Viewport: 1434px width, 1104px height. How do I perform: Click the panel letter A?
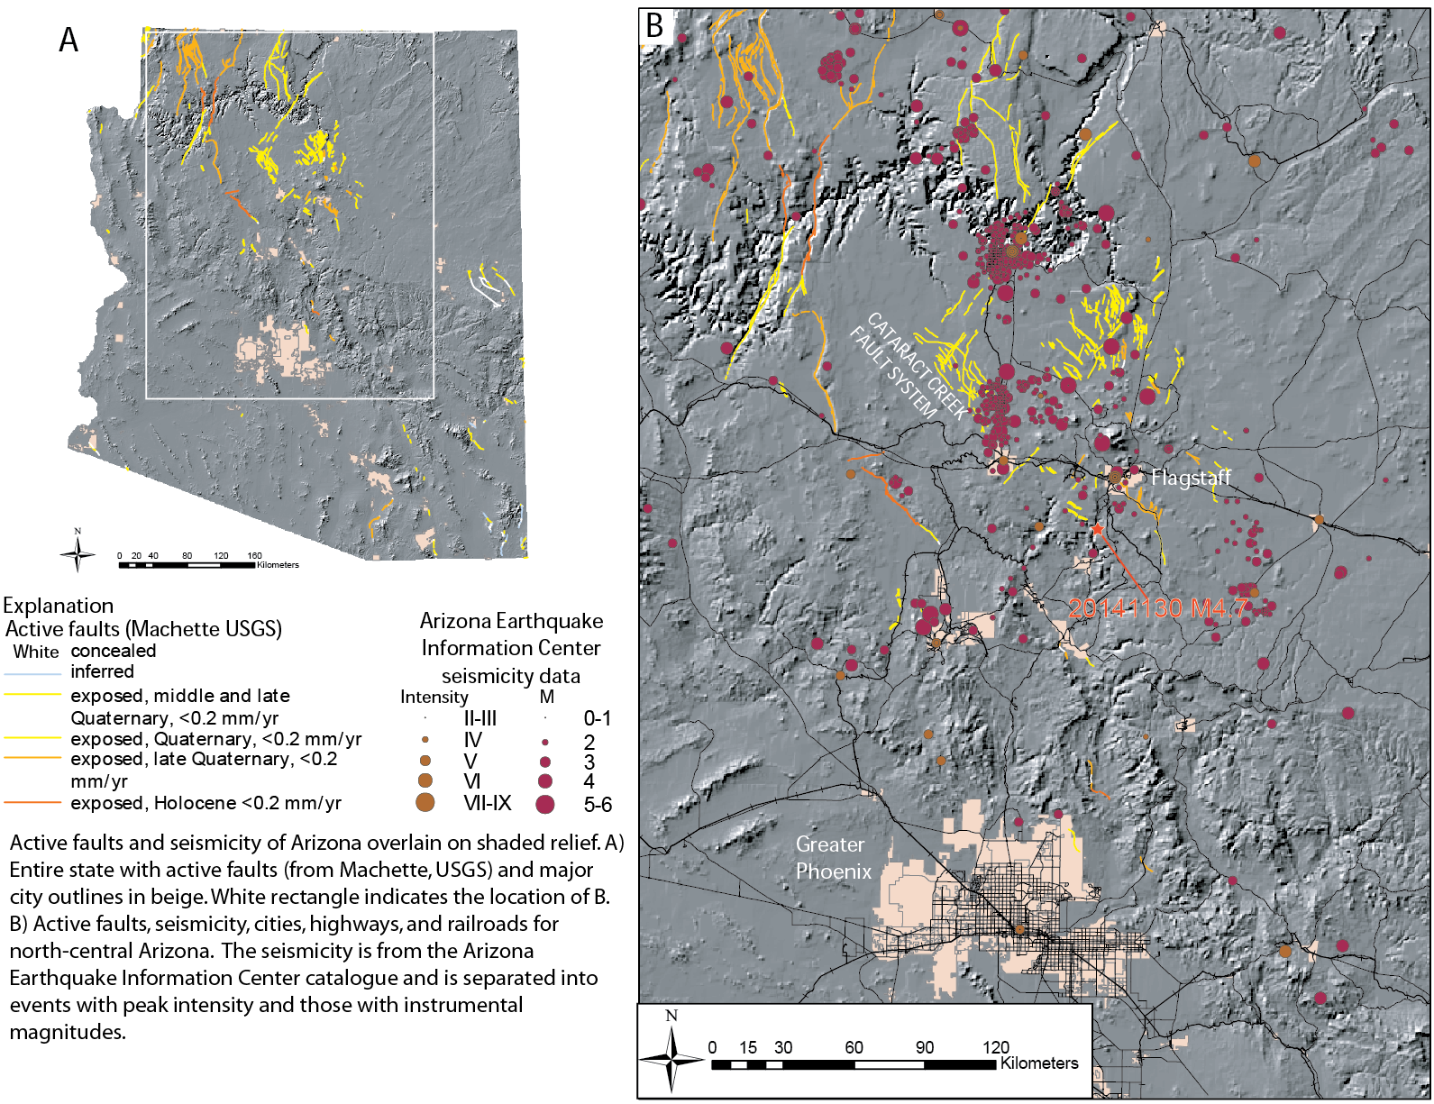[x=69, y=41]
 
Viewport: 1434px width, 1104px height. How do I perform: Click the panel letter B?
[x=655, y=26]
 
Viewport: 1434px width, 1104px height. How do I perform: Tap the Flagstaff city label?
[x=1190, y=478]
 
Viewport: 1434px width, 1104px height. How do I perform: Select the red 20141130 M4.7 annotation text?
[x=1157, y=609]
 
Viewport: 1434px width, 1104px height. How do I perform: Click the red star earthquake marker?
[x=1097, y=530]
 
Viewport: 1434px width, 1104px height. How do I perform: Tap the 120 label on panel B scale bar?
[x=995, y=1047]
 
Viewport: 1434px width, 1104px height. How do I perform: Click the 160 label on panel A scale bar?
[x=254, y=556]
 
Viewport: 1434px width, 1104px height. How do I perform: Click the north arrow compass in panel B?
[x=671, y=1054]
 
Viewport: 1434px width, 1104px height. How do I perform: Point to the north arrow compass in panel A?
[x=78, y=552]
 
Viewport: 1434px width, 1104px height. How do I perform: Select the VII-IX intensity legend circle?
[x=425, y=802]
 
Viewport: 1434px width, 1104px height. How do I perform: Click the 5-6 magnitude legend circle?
[x=544, y=804]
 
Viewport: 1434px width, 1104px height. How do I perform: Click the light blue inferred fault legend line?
[x=32, y=673]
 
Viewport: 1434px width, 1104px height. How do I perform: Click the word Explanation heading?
[x=59, y=606]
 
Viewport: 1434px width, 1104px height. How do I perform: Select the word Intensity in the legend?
[x=434, y=698]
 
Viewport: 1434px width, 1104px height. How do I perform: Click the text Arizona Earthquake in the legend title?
[x=511, y=621]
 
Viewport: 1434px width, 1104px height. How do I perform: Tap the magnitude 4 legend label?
[x=589, y=781]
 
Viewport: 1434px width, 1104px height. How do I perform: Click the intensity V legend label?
[x=470, y=761]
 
